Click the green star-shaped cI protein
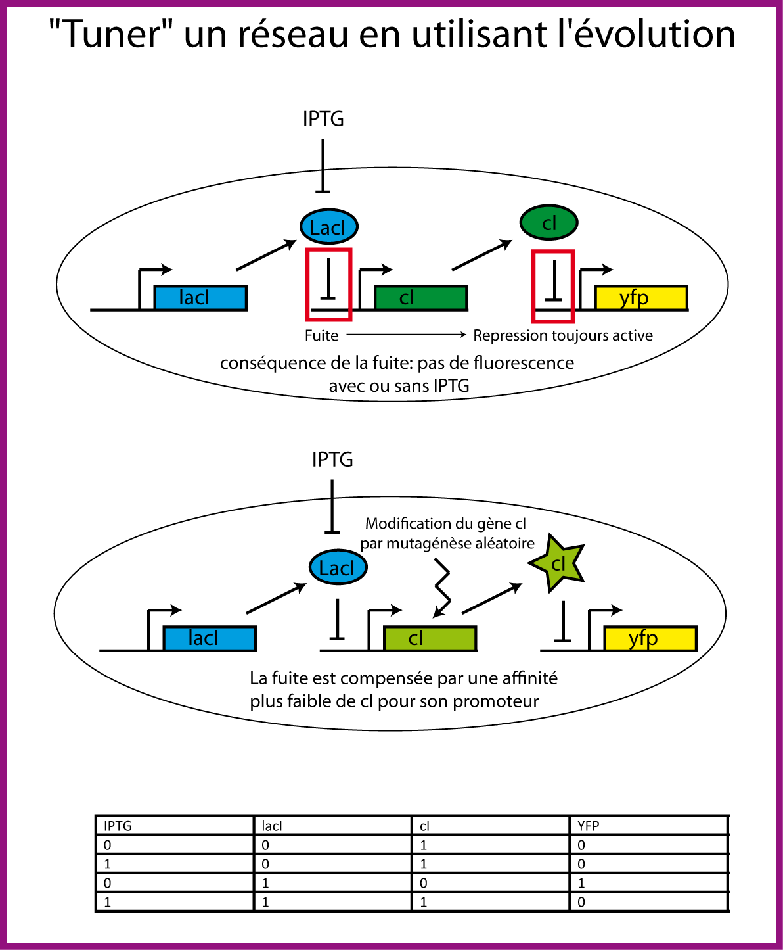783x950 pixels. click(558, 564)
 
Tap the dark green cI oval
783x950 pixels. click(548, 223)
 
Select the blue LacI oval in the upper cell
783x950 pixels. click(328, 227)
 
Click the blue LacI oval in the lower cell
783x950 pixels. click(338, 567)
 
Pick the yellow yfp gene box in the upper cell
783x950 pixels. click(641, 298)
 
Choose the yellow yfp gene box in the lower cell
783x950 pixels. click(650, 638)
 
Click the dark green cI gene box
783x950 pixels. click(420, 298)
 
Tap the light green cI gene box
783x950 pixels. click(430, 638)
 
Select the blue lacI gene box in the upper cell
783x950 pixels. click(200, 298)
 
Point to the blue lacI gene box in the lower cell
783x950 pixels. click(210, 638)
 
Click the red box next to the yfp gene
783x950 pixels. click(553, 286)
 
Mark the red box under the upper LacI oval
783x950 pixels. click(328, 284)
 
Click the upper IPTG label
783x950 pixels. click(323, 119)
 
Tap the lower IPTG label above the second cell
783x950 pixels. click(332, 460)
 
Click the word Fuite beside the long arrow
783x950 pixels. click(321, 335)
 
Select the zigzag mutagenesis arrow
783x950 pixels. click(443, 589)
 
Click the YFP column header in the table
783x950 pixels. click(589, 826)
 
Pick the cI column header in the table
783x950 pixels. click(424, 826)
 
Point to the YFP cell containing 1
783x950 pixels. click(581, 883)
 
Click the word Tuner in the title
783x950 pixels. click(113, 35)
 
